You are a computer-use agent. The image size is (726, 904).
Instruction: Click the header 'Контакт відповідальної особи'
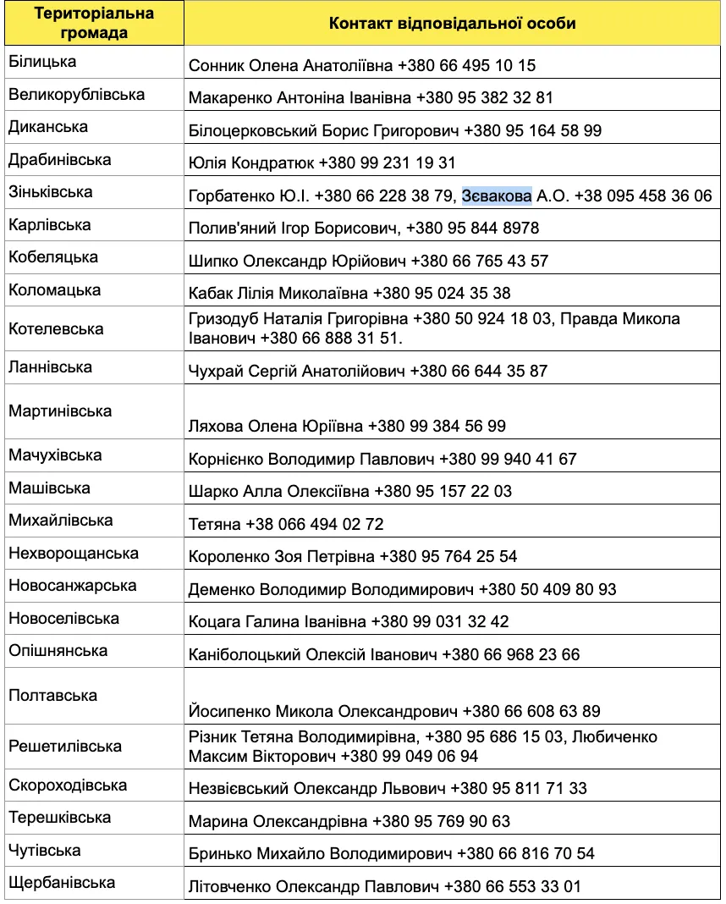(452, 24)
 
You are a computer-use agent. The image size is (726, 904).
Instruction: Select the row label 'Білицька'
(42, 62)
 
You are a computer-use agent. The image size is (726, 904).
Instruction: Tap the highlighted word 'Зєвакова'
(497, 196)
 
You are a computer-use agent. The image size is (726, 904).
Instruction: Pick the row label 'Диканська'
(48, 127)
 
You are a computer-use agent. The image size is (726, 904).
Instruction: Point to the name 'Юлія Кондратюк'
(251, 163)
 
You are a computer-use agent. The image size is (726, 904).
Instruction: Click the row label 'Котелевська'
(56, 328)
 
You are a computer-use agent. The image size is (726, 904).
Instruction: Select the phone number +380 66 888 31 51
(328, 338)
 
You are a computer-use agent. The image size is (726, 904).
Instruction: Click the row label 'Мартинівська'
(60, 411)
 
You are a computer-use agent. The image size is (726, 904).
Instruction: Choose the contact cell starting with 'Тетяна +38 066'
(286, 524)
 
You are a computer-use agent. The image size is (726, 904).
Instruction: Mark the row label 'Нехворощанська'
(74, 554)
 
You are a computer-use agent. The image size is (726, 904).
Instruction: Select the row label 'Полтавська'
(52, 695)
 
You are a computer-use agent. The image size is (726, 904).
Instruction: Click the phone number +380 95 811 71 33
(518, 788)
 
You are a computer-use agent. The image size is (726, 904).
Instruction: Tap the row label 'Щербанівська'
(62, 883)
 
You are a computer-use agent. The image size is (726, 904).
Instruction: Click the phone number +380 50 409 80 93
(547, 589)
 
